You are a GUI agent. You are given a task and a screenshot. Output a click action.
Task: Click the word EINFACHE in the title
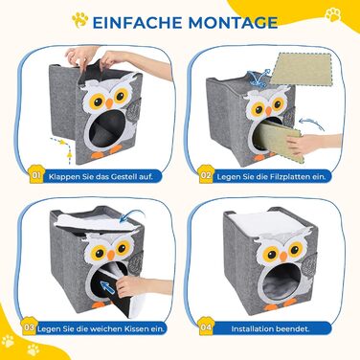click(x=137, y=22)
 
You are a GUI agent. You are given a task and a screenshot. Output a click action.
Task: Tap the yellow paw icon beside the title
click(x=79, y=20)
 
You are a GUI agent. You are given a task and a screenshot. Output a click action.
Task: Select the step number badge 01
click(x=35, y=175)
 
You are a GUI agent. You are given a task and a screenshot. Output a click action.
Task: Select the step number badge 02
click(x=206, y=175)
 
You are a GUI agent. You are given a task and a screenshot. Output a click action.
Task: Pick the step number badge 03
click(x=29, y=327)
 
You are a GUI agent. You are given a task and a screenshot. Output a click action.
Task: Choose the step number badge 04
click(x=206, y=327)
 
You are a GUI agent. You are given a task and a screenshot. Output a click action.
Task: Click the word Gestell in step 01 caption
click(x=124, y=176)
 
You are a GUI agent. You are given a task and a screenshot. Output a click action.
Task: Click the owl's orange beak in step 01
click(x=109, y=103)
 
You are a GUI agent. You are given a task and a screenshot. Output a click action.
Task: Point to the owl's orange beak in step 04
click(x=283, y=256)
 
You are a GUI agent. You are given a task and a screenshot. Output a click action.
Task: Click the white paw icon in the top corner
click(x=333, y=14)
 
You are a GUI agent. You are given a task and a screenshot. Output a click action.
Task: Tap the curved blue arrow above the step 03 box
click(x=132, y=214)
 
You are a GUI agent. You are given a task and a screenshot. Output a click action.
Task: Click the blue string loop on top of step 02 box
click(x=259, y=78)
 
